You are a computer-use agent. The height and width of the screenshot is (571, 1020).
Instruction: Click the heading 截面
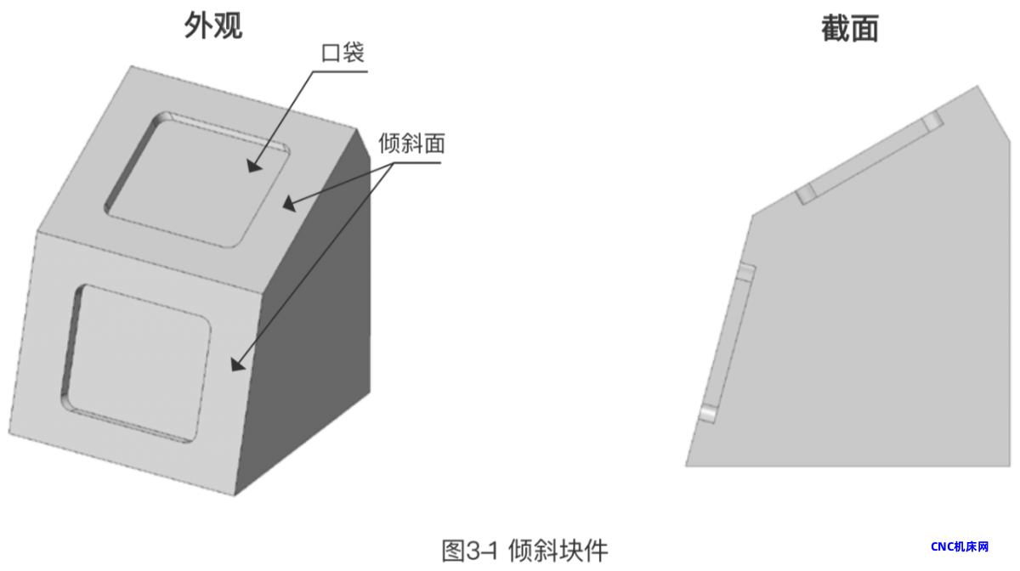click(850, 28)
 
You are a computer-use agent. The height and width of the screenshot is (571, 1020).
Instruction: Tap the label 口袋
click(343, 53)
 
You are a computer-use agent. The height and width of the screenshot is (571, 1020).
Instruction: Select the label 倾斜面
click(411, 144)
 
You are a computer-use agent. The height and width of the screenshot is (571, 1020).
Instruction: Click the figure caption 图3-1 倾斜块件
click(525, 551)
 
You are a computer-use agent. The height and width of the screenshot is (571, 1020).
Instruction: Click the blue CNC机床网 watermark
click(960, 546)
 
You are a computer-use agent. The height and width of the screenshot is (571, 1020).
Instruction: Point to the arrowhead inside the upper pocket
click(254, 166)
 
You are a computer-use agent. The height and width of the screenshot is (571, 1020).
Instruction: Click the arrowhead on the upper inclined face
click(290, 203)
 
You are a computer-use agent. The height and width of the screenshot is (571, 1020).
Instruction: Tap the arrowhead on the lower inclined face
click(238, 365)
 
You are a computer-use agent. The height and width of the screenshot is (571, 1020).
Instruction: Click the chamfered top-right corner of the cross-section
click(994, 114)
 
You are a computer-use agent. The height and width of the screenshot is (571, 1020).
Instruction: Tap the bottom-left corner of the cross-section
click(686, 466)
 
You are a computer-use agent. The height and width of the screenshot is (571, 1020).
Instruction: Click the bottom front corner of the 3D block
click(235, 495)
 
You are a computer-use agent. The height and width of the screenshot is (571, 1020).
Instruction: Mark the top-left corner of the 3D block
click(132, 66)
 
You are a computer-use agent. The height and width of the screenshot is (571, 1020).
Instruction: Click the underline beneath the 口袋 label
click(340, 71)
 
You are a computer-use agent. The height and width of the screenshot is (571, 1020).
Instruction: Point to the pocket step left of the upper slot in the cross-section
click(806, 194)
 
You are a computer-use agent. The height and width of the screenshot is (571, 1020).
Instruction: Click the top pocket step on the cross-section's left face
click(746, 273)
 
